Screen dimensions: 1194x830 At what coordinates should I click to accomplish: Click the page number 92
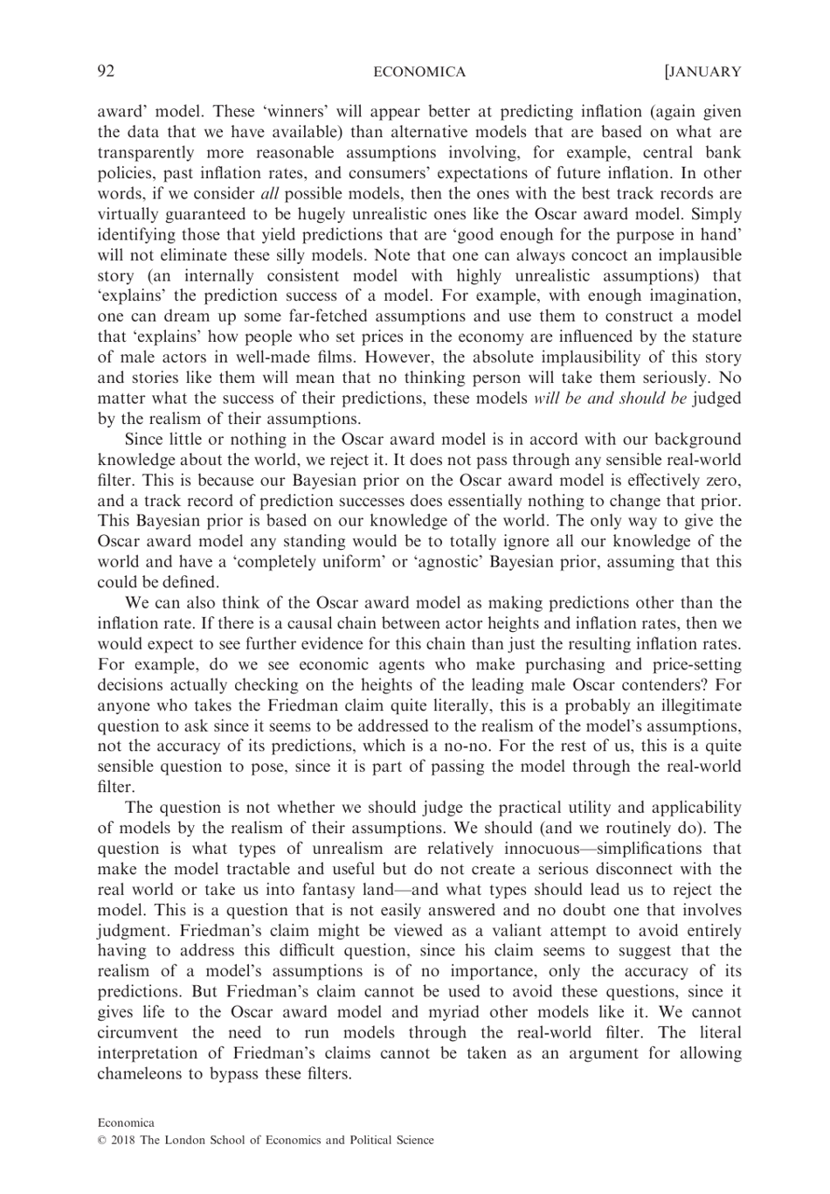click(106, 72)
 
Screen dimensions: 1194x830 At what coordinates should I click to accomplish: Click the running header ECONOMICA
click(419, 73)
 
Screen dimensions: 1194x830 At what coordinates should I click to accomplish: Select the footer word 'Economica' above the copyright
click(125, 1122)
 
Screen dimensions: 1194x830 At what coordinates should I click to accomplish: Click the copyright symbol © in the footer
click(101, 1140)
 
